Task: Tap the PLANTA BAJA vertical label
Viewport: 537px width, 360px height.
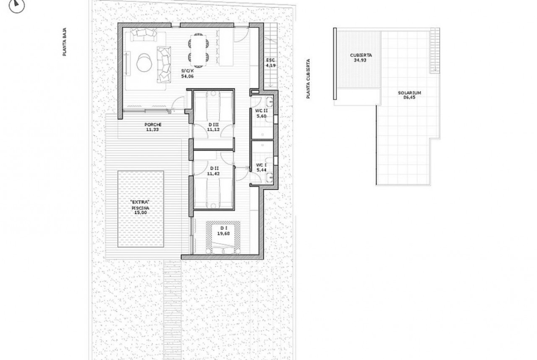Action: [64, 42]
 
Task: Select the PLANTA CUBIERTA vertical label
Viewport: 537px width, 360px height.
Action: [308, 79]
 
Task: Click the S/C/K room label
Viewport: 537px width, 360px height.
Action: [187, 71]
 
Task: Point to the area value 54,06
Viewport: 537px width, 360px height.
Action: [187, 76]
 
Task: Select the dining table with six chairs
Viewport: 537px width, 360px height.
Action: [198, 50]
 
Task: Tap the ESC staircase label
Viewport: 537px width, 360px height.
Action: [270, 60]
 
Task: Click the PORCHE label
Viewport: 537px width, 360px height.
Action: [153, 125]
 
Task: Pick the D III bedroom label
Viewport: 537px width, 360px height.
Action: [213, 125]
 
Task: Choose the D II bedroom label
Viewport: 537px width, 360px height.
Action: [214, 168]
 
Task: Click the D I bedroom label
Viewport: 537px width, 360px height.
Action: [224, 228]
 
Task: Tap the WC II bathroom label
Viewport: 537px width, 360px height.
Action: [261, 111]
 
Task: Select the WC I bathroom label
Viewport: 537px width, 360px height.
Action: [261, 165]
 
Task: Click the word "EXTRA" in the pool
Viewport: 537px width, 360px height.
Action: [140, 203]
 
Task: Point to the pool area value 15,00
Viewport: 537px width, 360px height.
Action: [140, 212]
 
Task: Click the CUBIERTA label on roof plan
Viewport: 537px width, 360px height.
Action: [361, 55]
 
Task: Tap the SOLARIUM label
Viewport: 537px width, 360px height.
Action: [409, 93]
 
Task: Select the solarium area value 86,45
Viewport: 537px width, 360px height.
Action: [409, 97]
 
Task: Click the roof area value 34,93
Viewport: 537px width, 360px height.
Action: [361, 60]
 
